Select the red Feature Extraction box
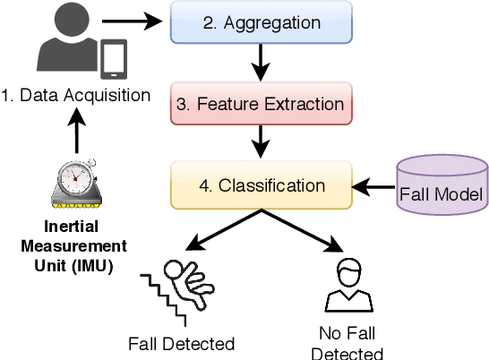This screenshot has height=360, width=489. (x=259, y=104)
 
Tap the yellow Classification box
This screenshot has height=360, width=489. (x=259, y=187)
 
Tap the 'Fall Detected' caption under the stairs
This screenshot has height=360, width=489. (x=181, y=343)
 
